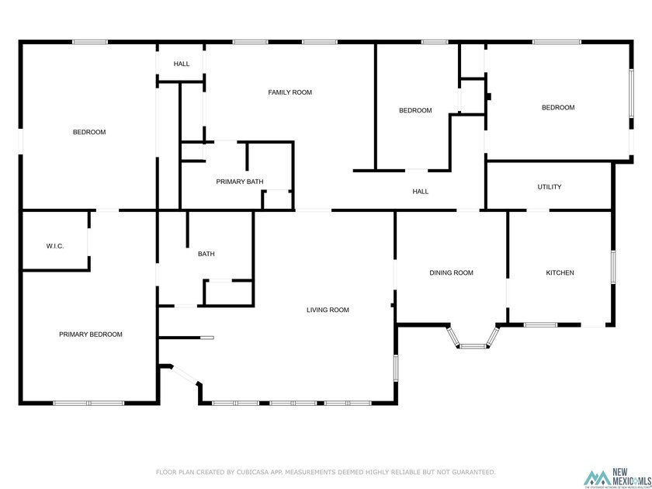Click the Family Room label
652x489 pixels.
(x=290, y=92)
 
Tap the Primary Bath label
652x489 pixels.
(x=240, y=182)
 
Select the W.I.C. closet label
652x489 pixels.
(x=54, y=246)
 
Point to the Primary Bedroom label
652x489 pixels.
(x=91, y=335)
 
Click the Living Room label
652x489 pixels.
(x=328, y=310)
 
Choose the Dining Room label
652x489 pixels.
(x=452, y=272)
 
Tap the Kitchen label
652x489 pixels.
(x=560, y=272)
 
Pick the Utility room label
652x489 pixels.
(x=550, y=187)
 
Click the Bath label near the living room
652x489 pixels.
(x=206, y=254)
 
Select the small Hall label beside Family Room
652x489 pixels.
(x=182, y=64)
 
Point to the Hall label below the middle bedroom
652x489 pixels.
(x=420, y=191)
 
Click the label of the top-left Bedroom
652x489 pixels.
(x=89, y=132)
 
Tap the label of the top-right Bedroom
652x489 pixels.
(x=558, y=108)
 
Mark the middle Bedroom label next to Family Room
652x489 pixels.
(x=415, y=110)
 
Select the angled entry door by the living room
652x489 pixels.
(x=183, y=374)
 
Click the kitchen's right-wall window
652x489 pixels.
(x=613, y=268)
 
